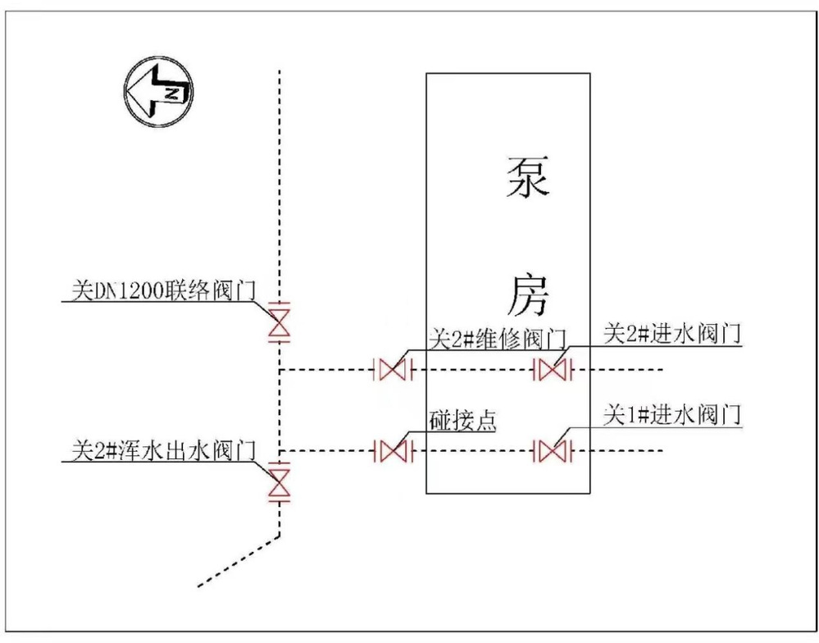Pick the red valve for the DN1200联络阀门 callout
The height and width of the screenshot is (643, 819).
point(280,321)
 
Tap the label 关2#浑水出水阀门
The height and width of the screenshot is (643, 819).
point(165,450)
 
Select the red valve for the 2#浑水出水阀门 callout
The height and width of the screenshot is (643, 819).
point(280,481)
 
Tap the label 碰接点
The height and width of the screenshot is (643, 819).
point(463,421)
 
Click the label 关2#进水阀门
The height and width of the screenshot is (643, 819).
point(672,335)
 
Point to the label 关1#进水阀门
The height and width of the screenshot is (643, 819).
point(672,415)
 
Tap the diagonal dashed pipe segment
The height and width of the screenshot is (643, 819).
point(239,562)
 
